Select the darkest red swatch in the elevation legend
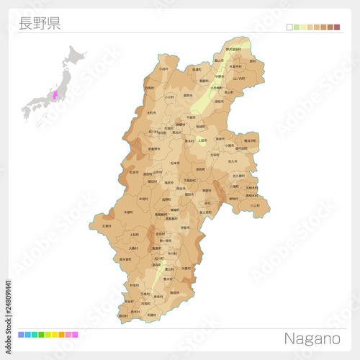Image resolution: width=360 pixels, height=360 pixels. pyautogui.click(x=336, y=27)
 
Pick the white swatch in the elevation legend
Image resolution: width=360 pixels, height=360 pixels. pyautogui.click(x=289, y=27)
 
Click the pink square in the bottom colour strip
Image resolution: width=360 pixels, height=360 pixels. pyautogui.click(x=75, y=335)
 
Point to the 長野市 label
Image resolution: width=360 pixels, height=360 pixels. pyautogui.click(x=189, y=94)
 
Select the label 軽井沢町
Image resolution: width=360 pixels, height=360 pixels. pyautogui.click(x=250, y=141)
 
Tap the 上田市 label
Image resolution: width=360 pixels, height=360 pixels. pyautogui.click(x=202, y=140)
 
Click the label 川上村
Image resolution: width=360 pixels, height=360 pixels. pyautogui.click(x=255, y=205)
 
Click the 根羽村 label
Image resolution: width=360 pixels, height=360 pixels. pyautogui.click(x=123, y=315)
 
